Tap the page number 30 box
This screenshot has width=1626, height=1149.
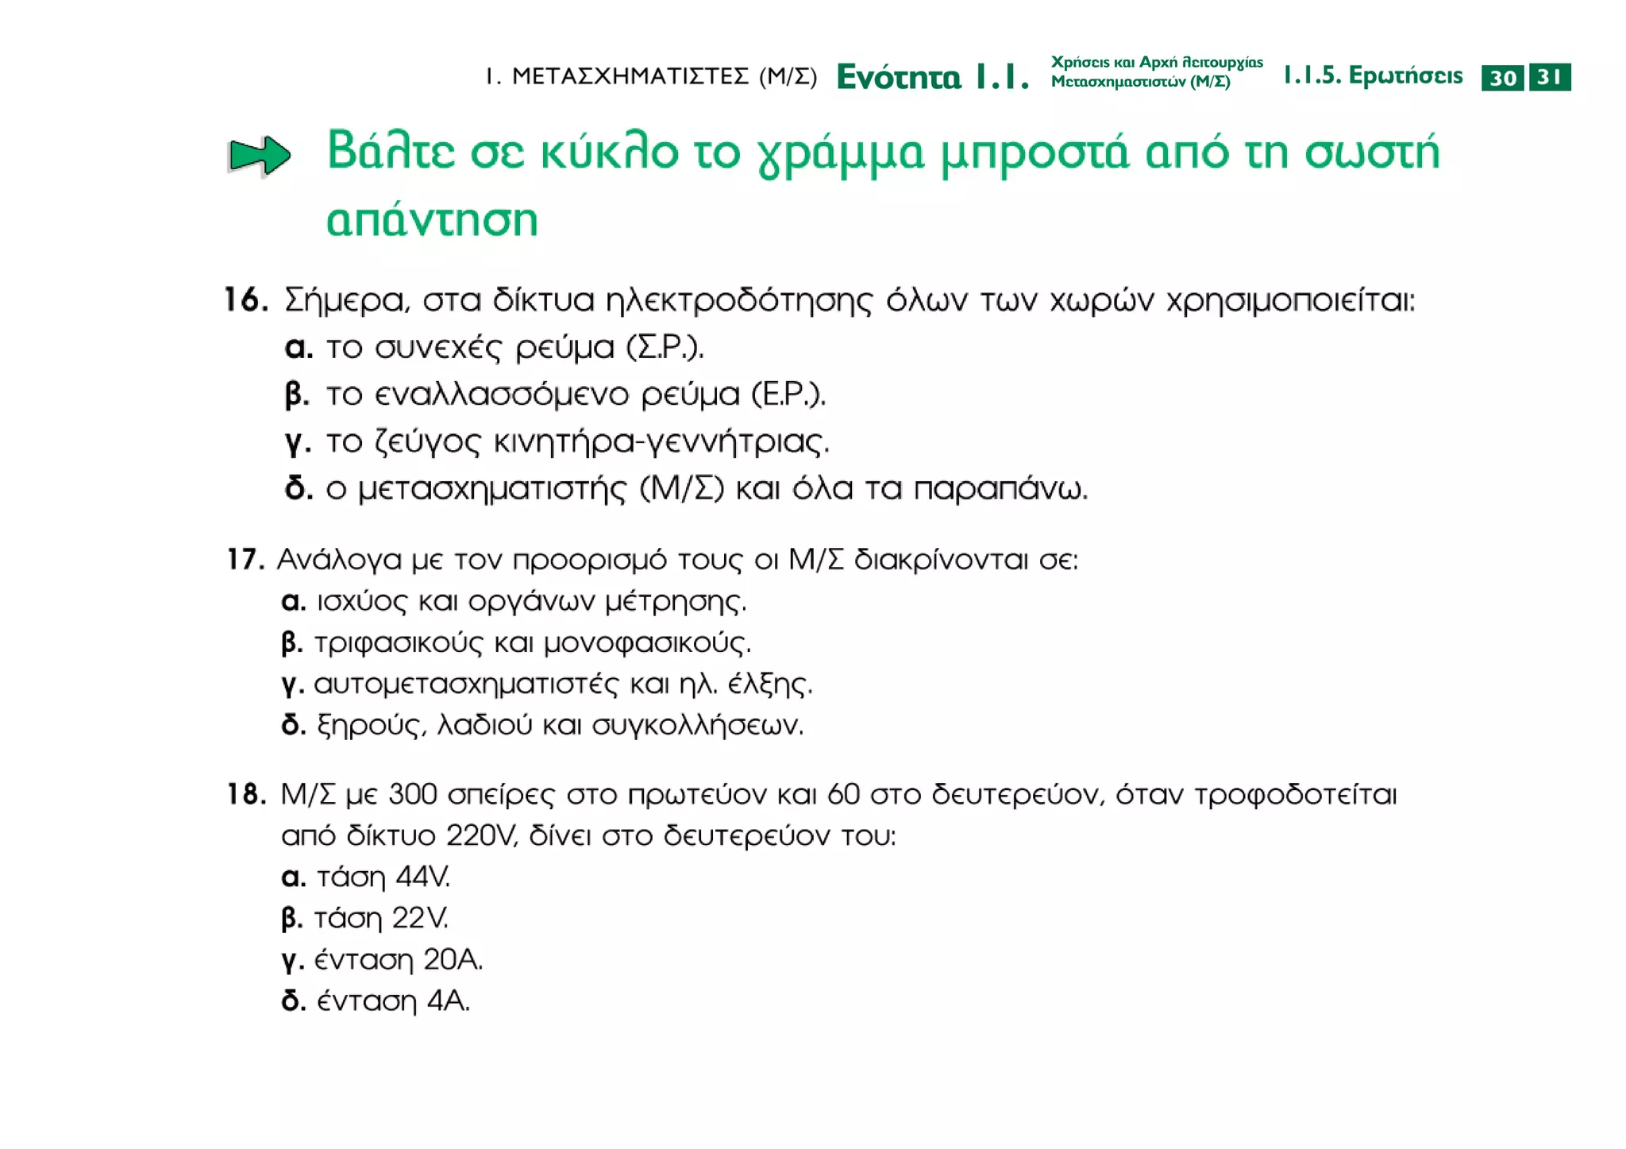click(x=1502, y=78)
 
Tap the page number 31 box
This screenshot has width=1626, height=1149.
click(x=1550, y=77)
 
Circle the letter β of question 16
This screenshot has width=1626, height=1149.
click(x=297, y=395)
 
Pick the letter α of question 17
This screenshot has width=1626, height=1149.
click(x=294, y=601)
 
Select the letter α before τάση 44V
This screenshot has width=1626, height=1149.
click(x=294, y=877)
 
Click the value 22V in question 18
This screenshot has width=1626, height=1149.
click(x=420, y=919)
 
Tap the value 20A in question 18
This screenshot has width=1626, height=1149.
click(x=453, y=960)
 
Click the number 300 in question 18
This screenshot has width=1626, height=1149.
click(x=413, y=794)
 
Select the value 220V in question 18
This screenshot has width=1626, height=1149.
click(x=482, y=836)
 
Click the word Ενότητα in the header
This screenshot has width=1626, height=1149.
click(x=899, y=77)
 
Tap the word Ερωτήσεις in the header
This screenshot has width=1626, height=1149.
click(x=1405, y=76)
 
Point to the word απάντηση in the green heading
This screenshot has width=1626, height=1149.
click(x=433, y=220)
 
